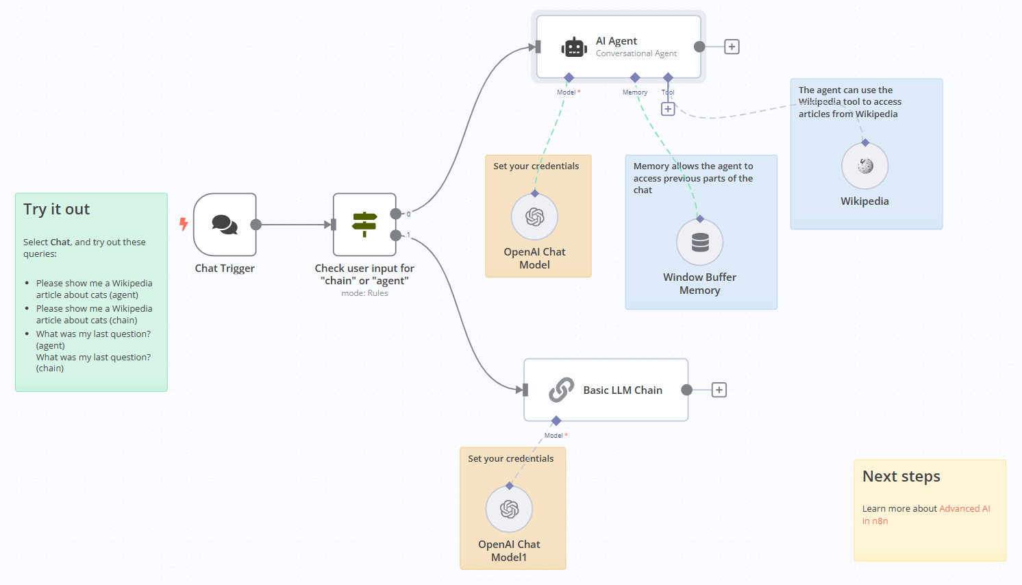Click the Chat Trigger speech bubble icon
(225, 224)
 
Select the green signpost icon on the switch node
(364, 224)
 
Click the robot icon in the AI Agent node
(574, 47)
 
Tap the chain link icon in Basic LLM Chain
(561, 390)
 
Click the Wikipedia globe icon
(865, 166)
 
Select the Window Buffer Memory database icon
(700, 242)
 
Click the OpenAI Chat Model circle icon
(535, 217)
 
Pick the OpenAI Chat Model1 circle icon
(510, 509)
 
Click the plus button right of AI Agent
(732, 47)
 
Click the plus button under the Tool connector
(668, 109)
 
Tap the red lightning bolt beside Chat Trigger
(184, 224)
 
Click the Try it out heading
(57, 210)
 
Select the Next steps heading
(901, 477)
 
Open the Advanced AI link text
(964, 509)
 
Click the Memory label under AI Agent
(635, 92)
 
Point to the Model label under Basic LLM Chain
(553, 436)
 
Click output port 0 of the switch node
(396, 214)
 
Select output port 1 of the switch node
(396, 236)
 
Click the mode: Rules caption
(364, 293)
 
